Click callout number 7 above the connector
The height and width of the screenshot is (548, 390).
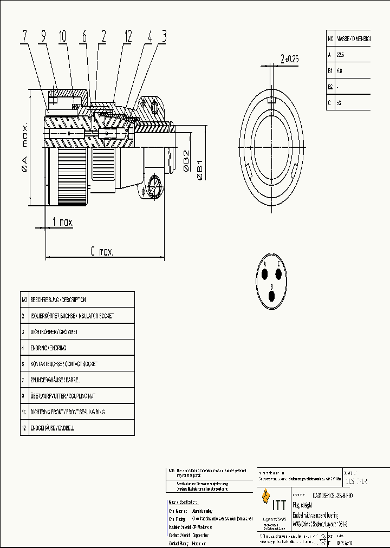(x=25, y=37)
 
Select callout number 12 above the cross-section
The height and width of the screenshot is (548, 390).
(x=128, y=37)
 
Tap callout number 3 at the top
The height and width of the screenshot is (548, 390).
(x=163, y=37)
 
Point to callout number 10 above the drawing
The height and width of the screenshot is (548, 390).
(x=62, y=37)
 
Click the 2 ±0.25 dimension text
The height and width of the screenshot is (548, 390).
(x=289, y=59)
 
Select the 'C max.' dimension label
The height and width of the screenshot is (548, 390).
(x=102, y=251)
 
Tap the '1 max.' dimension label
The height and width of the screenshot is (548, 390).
(x=63, y=222)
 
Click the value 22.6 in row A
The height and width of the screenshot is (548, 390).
(x=341, y=55)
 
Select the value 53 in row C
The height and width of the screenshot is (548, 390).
(x=339, y=102)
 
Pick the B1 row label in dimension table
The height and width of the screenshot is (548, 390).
(x=330, y=70)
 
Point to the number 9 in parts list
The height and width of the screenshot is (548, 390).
(x=24, y=396)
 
